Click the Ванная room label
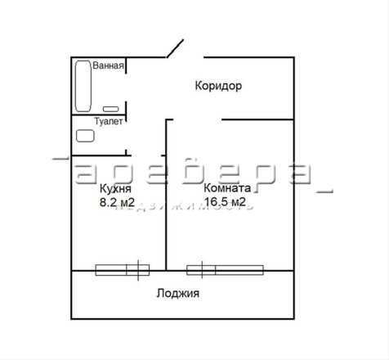108,65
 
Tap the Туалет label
109,121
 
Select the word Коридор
218,86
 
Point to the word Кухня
115,188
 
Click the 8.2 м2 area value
117,202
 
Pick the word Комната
227,188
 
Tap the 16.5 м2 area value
225,202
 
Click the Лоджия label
177,294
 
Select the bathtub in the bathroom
83,86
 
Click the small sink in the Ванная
110,109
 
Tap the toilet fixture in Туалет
85,136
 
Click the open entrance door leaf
175,48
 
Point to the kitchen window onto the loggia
123,270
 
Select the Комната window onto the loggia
225,270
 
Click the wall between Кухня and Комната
166,195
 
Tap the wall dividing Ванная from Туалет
99,115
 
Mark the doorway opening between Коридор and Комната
198,119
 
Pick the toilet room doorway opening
126,136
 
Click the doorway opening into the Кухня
146,155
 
